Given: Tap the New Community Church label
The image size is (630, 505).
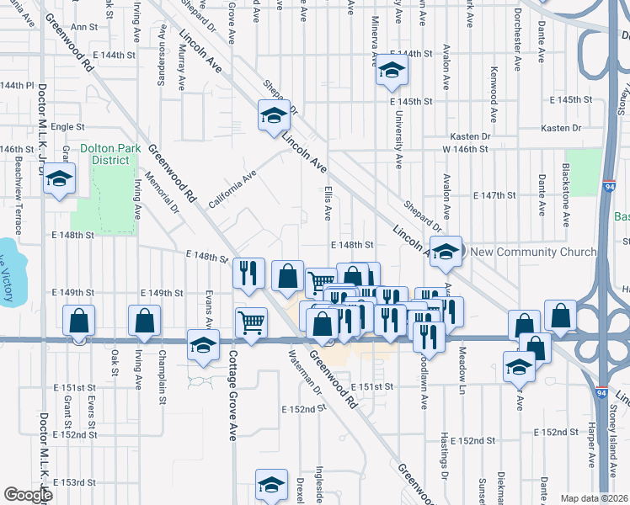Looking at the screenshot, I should click(532, 252).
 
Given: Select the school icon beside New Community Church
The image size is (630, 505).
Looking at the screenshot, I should click(447, 251).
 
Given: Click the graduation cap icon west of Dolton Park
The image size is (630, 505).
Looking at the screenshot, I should click(59, 179).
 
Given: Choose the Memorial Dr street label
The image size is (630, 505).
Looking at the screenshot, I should click(168, 192).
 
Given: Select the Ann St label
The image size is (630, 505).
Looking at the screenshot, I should click(85, 27).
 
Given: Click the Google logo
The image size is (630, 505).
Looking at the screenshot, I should click(27, 495).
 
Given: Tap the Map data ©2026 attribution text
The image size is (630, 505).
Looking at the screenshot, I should click(593, 498).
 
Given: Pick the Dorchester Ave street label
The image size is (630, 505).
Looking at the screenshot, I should click(517, 52).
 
